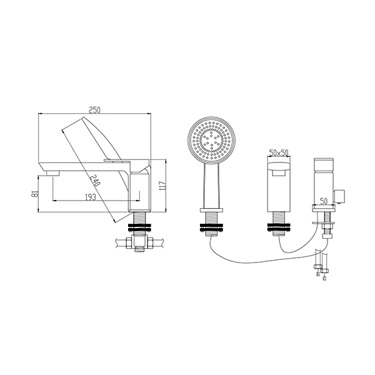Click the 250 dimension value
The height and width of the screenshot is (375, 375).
pyautogui.click(x=95, y=110)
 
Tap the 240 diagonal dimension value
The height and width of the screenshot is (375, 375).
pyautogui.click(x=95, y=181)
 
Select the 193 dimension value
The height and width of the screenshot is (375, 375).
pyautogui.click(x=91, y=197)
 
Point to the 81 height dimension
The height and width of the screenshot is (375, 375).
pyautogui.click(x=35, y=193)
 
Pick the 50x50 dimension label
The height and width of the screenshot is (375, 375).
pyautogui.click(x=279, y=152)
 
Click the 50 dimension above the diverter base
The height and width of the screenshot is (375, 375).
pyautogui.click(x=323, y=201)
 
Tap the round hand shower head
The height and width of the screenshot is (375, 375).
pyautogui.click(x=212, y=141)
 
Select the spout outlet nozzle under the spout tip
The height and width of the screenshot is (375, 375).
pyautogui.click(x=53, y=173)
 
